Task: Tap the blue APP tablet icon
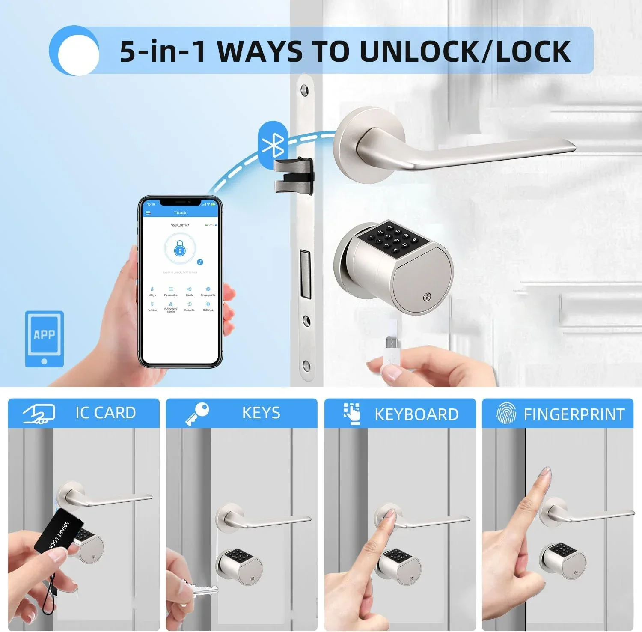tap(45, 339)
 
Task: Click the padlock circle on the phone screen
tap(180, 249)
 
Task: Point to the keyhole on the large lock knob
tap(426, 296)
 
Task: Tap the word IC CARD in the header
tap(105, 413)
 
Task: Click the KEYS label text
tap(261, 413)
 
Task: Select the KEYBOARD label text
tap(416, 414)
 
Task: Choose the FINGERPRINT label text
tap(574, 414)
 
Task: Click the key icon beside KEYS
tap(197, 414)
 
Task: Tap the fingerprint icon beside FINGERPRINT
tap(506, 413)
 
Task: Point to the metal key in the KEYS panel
tap(205, 592)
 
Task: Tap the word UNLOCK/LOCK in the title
tap(465, 51)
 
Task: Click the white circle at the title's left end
tap(78, 54)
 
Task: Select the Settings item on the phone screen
tap(208, 307)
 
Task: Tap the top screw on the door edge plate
tap(304, 90)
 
